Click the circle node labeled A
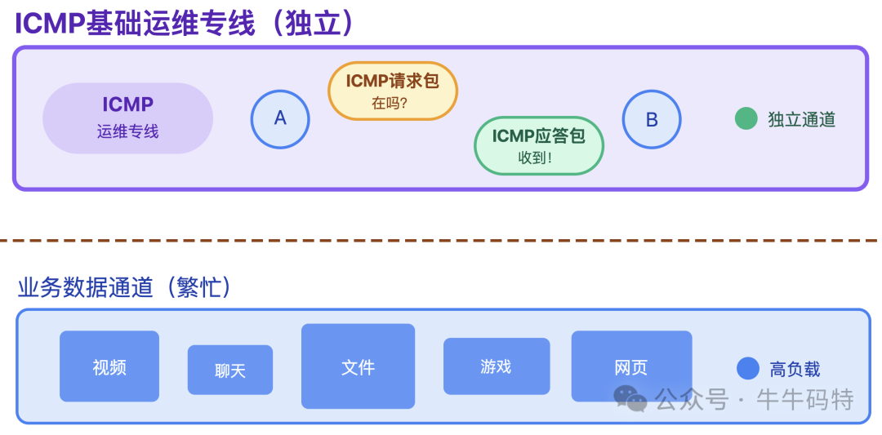[280, 119]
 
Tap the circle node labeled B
[652, 119]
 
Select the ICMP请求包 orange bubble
[393, 91]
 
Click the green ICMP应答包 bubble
[538, 145]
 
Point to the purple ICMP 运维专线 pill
[128, 118]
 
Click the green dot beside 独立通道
[746, 119]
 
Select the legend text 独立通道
[801, 119]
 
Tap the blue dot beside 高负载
[748, 369]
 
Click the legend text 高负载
[795, 369]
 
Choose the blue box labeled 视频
[109, 366]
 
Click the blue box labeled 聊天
[230, 371]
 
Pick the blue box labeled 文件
[358, 366]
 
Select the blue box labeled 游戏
[496, 366]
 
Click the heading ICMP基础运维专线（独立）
[185, 24]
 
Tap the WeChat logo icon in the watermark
[630, 398]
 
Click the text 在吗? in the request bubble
[390, 104]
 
